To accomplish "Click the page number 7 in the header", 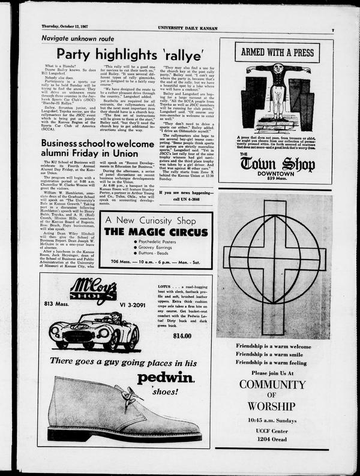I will point(332,29).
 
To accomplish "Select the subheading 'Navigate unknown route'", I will point(77,38).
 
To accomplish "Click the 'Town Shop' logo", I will point(277,164).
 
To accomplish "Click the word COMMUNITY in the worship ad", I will point(273,385).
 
